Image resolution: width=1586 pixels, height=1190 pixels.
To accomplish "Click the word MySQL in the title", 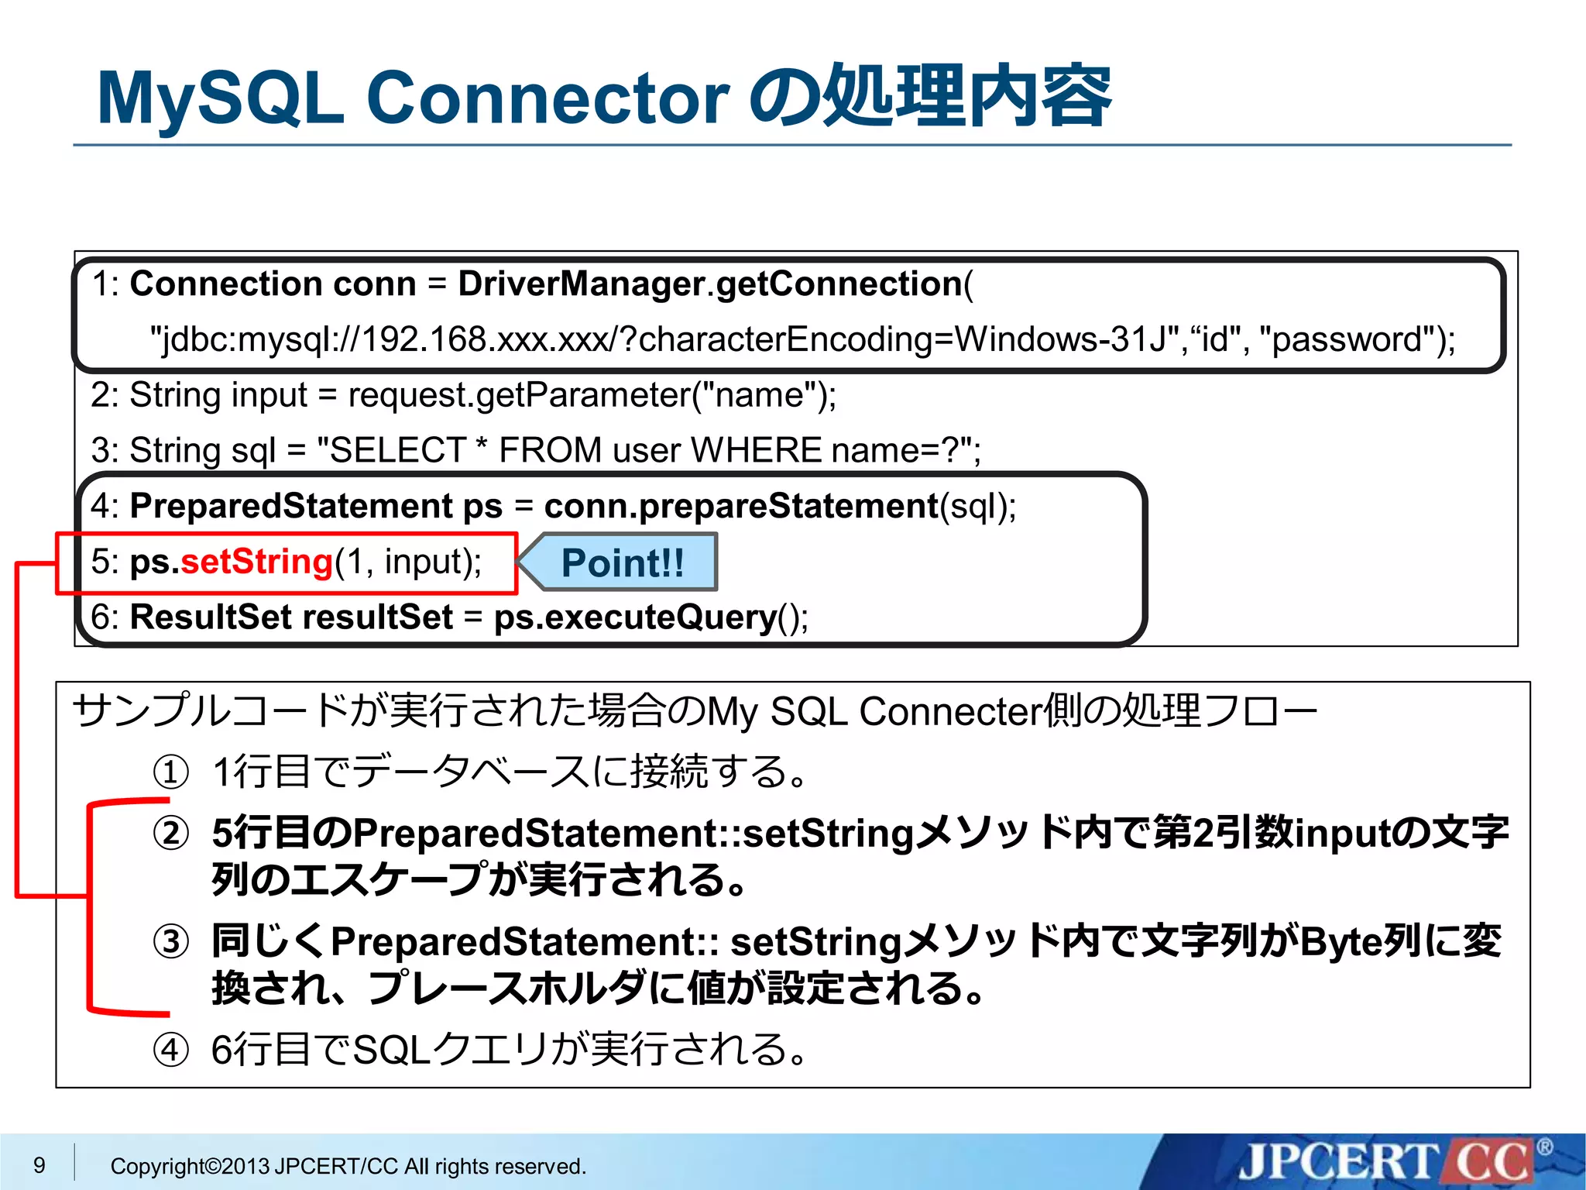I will click(221, 99).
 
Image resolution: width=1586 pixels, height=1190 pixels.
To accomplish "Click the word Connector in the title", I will click(547, 99).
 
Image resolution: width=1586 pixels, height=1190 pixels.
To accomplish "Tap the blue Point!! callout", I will click(622, 562).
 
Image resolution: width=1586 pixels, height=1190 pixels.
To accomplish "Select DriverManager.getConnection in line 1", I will click(709, 284).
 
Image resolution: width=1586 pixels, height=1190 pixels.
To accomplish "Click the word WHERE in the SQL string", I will click(755, 450).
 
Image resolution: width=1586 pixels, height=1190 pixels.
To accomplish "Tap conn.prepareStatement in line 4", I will click(741, 506).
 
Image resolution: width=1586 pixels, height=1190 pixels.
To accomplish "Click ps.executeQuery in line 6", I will click(635, 617).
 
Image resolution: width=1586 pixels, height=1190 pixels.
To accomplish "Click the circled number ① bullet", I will click(170, 772).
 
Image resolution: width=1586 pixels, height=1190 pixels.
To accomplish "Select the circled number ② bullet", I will click(170, 834).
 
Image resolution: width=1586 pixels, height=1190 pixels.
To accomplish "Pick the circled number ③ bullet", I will click(170, 942).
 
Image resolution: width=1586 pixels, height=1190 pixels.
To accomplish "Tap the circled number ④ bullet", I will click(170, 1051).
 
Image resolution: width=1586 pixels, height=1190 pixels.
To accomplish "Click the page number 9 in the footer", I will click(39, 1165).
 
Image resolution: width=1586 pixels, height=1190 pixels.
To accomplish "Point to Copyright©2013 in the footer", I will click(190, 1166).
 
